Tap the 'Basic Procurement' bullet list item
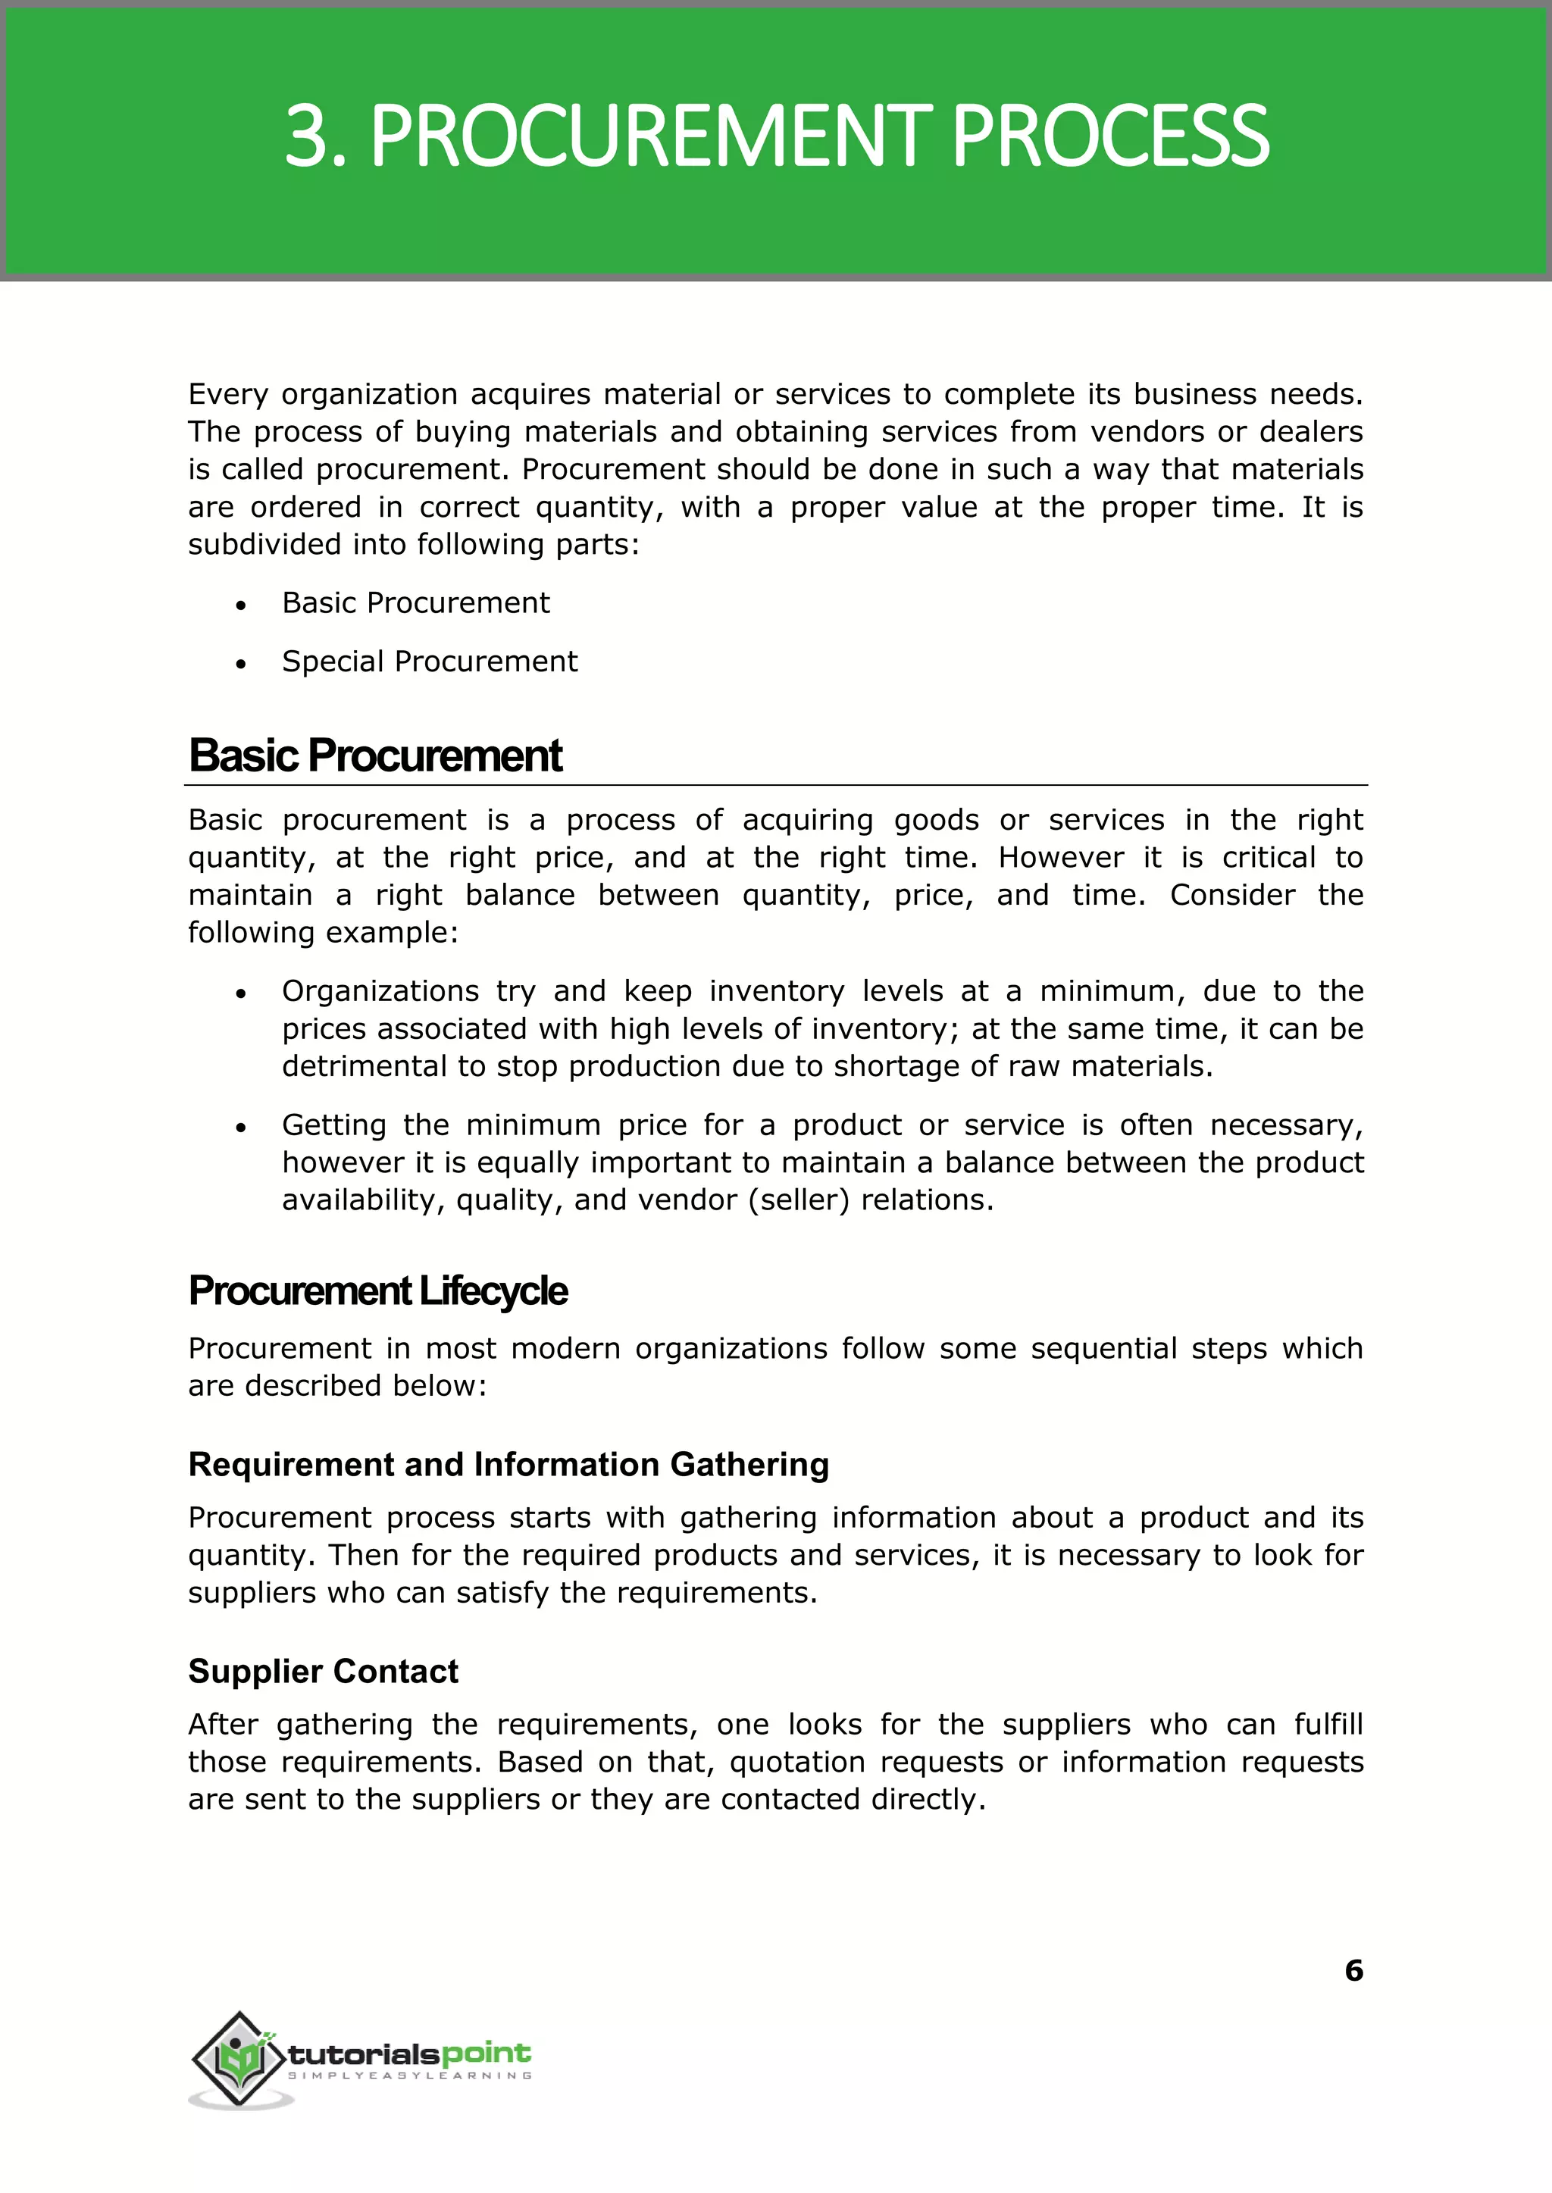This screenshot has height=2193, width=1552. (x=416, y=603)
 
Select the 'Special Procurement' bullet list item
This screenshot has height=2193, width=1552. (x=429, y=662)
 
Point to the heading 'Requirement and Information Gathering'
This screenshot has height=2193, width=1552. (x=508, y=1464)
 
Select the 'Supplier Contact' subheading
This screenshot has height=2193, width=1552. (x=323, y=1670)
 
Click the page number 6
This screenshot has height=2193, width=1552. (x=1353, y=1970)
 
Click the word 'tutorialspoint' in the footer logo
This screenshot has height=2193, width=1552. (x=409, y=2053)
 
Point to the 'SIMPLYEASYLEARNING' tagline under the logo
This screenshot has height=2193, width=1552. (x=409, y=2076)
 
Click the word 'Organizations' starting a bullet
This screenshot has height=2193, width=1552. (x=380, y=991)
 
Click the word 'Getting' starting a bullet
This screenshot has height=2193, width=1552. (x=333, y=1125)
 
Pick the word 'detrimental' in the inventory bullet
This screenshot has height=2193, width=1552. (x=364, y=1065)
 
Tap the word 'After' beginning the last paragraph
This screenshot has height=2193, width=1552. (x=223, y=1724)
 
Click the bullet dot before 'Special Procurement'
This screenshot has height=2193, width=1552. (x=242, y=663)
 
